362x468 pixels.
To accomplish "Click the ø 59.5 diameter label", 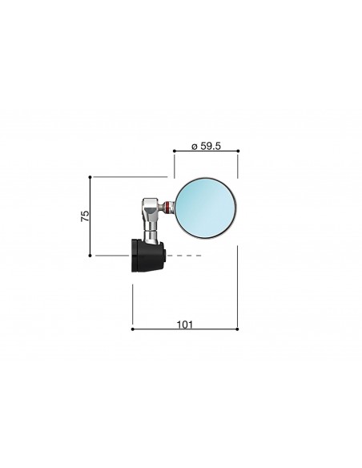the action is tap(206, 146).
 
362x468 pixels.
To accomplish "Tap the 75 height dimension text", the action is tap(85, 216).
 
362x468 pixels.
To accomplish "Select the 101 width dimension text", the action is tap(185, 325).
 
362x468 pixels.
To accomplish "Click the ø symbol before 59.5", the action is tap(195, 147).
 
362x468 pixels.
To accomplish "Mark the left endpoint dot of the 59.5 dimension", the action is tap(175, 151).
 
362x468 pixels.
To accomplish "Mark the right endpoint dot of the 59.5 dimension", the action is tap(238, 151).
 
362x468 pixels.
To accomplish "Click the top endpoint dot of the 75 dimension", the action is tap(90, 177).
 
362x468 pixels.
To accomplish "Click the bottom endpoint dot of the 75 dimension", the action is tap(90, 256).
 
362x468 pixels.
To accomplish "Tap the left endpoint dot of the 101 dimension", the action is tap(133, 329).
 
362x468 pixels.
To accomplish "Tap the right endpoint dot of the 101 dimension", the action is tap(237, 329).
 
